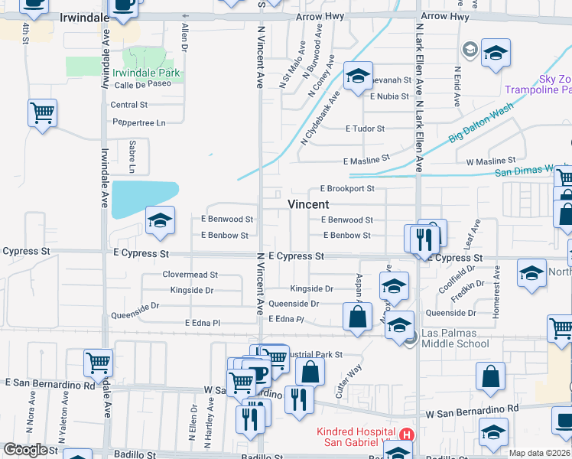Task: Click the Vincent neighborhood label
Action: coord(308,204)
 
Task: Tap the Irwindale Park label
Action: coord(146,73)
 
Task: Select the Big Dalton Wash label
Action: coord(481,125)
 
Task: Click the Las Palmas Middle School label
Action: coord(455,338)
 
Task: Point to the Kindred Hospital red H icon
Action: coord(407,435)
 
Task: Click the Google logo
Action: coord(25,449)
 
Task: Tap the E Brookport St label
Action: coord(347,188)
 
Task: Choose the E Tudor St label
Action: coord(365,129)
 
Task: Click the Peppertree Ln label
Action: coord(139,122)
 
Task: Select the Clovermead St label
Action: coord(190,274)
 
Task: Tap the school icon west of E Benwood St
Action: coord(159,221)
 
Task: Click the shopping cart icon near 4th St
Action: coord(42,113)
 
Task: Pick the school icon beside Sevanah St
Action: coord(357,76)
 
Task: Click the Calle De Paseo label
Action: coord(143,84)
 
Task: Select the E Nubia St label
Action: coord(391,96)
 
